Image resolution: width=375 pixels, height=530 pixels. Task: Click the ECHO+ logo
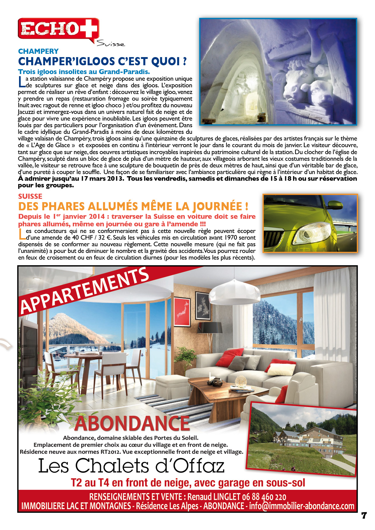(x=58, y=29)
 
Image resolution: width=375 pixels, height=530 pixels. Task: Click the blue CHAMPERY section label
(x=38, y=51)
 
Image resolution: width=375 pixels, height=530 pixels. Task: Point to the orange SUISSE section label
(x=30, y=196)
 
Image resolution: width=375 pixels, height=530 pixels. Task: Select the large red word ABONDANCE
(x=132, y=423)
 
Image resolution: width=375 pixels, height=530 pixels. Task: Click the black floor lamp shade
(x=211, y=327)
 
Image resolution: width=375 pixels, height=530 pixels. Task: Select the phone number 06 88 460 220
(x=264, y=497)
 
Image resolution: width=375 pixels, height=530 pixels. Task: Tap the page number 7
(x=364, y=515)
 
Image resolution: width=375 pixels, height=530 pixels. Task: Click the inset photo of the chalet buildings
(x=302, y=440)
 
